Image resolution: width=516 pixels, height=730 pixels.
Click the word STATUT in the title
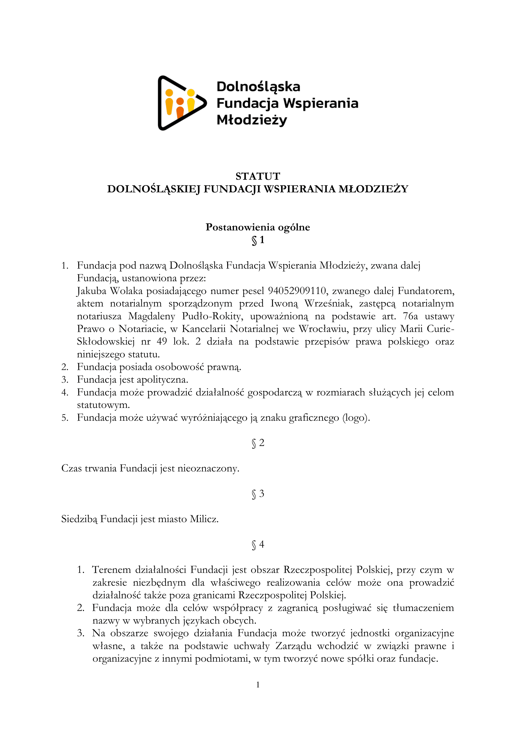tap(258, 176)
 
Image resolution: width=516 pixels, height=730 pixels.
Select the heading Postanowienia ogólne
tap(258, 227)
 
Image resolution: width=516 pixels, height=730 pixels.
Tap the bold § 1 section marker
tap(258, 240)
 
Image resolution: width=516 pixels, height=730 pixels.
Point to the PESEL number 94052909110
tap(297, 291)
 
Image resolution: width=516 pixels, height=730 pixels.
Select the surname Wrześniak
tap(328, 303)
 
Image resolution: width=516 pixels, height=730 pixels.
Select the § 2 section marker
tap(258, 443)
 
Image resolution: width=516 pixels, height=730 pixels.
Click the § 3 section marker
tap(258, 494)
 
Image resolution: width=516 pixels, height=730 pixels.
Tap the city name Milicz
tap(204, 519)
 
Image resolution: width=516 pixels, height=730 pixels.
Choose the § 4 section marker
tap(258, 545)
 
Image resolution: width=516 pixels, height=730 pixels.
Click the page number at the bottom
tap(258, 684)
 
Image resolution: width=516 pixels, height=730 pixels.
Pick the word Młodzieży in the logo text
tap(252, 120)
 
